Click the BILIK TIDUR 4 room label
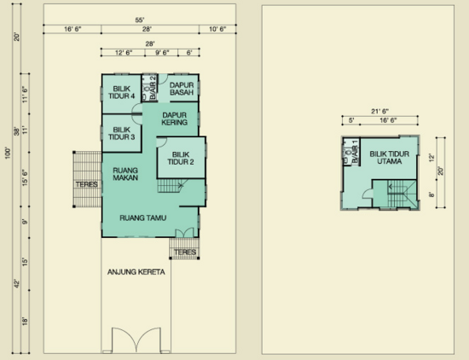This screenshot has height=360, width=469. click(121, 92)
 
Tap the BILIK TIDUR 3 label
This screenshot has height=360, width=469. click(121, 133)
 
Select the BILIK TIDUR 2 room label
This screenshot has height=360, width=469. click(181, 159)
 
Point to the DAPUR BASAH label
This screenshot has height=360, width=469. click(182, 89)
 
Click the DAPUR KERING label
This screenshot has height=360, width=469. click(174, 119)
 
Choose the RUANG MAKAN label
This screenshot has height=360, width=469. click(125, 174)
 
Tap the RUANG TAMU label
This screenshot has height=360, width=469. click(143, 218)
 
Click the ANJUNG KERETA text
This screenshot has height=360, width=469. click(136, 272)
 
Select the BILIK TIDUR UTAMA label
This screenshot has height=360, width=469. click(389, 158)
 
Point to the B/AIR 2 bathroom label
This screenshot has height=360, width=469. click(153, 88)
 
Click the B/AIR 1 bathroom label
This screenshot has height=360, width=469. click(355, 152)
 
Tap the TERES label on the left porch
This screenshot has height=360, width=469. click(87, 184)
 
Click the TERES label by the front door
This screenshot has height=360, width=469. click(185, 252)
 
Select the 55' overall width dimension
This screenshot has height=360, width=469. click(140, 20)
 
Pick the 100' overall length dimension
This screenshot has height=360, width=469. click(8, 153)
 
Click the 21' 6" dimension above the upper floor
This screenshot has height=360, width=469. click(379, 111)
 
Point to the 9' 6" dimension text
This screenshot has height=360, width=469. click(162, 53)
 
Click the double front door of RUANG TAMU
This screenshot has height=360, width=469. click(184, 233)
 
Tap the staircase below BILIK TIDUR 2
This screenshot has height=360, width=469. click(170, 185)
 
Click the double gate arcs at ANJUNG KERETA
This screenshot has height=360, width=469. click(136, 340)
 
